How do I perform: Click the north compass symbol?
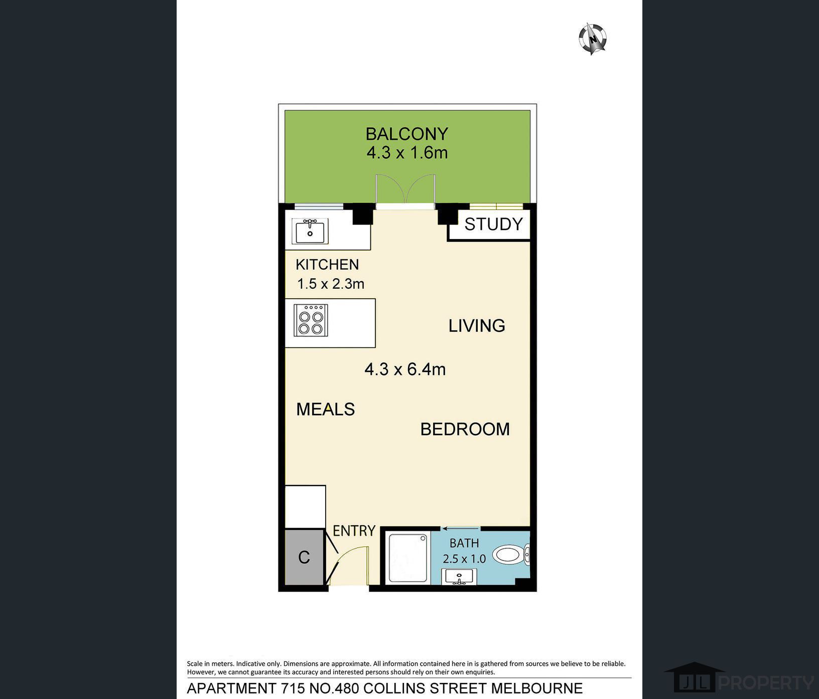click(593, 39)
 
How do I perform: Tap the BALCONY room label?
click(406, 134)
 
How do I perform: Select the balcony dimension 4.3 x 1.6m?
click(406, 153)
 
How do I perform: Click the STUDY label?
click(493, 224)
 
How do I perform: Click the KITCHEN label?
click(327, 265)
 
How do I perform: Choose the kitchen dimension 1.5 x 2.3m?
click(331, 284)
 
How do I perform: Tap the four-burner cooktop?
click(311, 320)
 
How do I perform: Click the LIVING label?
click(477, 326)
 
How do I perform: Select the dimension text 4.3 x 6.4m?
click(405, 370)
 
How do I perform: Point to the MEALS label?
click(325, 409)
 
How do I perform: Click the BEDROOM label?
click(465, 429)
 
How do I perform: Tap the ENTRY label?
click(354, 531)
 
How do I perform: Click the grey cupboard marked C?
click(304, 557)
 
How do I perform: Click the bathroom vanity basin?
click(459, 576)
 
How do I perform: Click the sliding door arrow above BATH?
click(461, 528)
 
